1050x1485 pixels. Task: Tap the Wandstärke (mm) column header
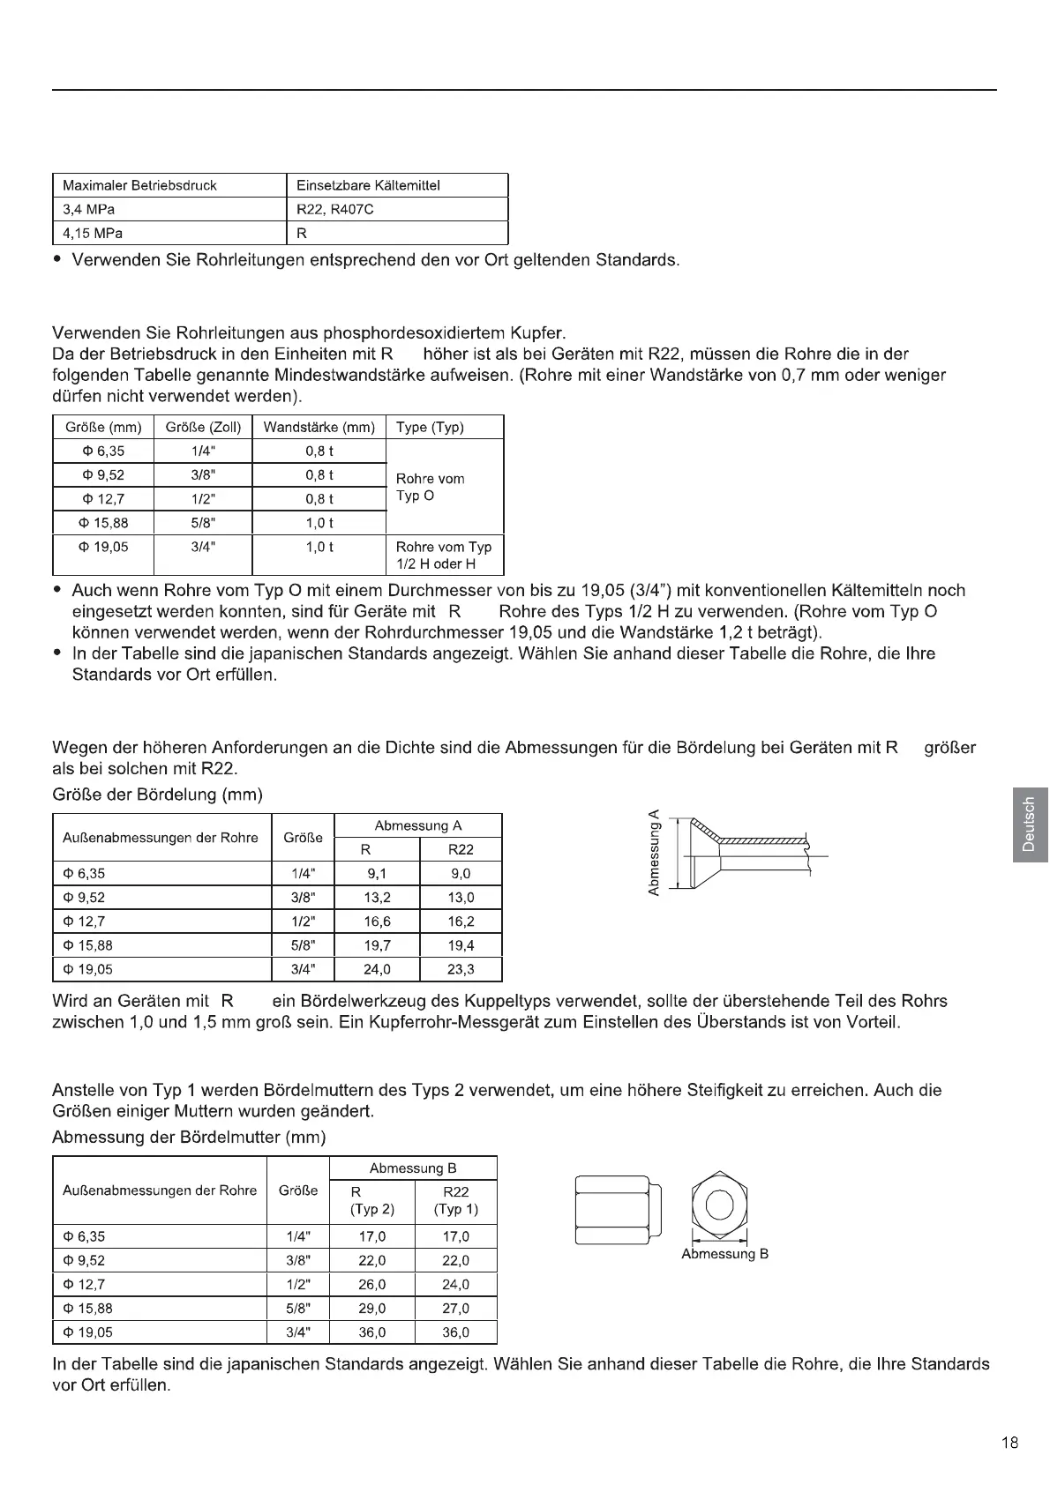pyautogui.click(x=319, y=428)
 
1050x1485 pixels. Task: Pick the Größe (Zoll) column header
pyautogui.click(x=203, y=428)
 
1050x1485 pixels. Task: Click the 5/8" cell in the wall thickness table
pyautogui.click(x=203, y=523)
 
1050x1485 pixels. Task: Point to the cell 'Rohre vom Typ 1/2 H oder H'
pyautogui.click(x=444, y=556)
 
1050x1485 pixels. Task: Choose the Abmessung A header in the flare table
pyautogui.click(x=418, y=826)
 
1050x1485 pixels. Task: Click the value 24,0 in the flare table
pyautogui.click(x=378, y=970)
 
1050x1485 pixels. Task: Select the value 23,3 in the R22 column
pyautogui.click(x=461, y=970)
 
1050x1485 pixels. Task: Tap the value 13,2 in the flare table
pyautogui.click(x=378, y=898)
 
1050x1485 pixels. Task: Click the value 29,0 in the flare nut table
pyautogui.click(x=372, y=1309)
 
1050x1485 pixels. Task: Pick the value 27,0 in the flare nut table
pyautogui.click(x=456, y=1309)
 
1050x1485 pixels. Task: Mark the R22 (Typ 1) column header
pyautogui.click(x=456, y=1200)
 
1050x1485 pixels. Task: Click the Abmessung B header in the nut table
pyautogui.click(x=413, y=1168)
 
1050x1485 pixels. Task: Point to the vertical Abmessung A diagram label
pyautogui.click(x=654, y=853)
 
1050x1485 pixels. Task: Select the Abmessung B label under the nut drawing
pyautogui.click(x=725, y=1254)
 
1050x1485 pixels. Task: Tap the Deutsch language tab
pyautogui.click(x=1028, y=824)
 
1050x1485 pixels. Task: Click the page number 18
pyautogui.click(x=1010, y=1444)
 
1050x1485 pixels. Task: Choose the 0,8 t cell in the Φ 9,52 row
pyautogui.click(x=319, y=475)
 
